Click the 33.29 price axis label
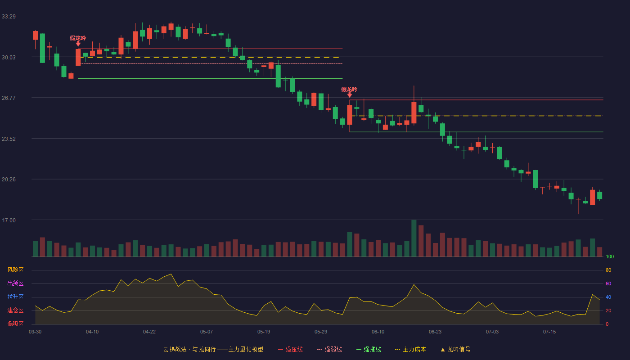click(9, 17)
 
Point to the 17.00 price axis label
click(9, 220)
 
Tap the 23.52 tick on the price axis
click(9, 139)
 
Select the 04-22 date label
click(149, 332)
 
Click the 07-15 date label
click(549, 332)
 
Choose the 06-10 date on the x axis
click(378, 332)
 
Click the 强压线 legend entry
click(290, 349)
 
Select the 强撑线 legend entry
click(369, 349)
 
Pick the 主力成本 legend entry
click(410, 349)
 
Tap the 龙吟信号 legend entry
click(455, 349)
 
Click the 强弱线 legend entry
click(329, 349)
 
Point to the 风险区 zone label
click(15, 270)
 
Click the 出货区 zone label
click(15, 283)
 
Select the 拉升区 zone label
click(15, 297)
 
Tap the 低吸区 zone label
click(15, 324)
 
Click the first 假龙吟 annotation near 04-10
click(78, 38)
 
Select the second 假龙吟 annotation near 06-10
click(349, 90)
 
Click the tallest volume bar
click(414, 238)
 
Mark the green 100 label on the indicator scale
click(610, 256)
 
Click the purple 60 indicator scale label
click(608, 283)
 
